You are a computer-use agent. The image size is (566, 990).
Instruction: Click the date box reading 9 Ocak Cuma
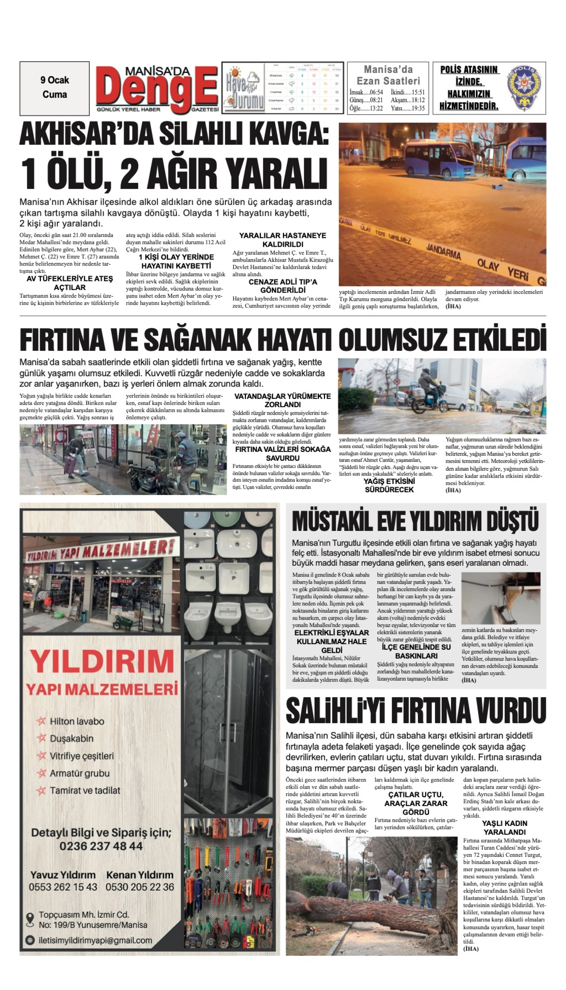coord(55,88)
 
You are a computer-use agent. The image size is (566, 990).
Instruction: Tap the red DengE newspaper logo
coord(157,89)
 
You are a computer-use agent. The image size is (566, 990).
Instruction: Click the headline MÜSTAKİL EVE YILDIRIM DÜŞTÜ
coord(415,521)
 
